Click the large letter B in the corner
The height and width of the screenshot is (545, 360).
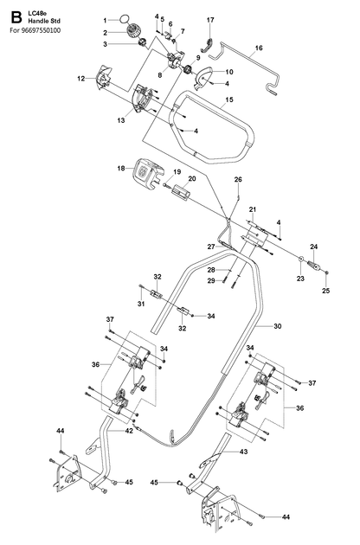[16, 17]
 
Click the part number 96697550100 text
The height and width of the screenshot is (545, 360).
[41, 30]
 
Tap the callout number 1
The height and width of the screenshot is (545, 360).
[105, 21]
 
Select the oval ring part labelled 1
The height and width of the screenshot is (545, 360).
[125, 18]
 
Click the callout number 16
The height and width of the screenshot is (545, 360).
[259, 48]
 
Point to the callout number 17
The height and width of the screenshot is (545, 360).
[210, 20]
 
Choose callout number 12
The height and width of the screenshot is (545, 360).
[81, 79]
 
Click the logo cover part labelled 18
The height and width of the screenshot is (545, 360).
[148, 173]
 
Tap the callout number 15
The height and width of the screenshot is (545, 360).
[229, 99]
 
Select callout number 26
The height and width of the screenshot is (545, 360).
[238, 180]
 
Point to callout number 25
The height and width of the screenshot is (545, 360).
[325, 291]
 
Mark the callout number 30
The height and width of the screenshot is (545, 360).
[278, 326]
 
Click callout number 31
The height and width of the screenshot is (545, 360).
[141, 304]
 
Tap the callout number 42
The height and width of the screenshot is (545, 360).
[129, 431]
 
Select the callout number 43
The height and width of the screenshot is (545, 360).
[243, 452]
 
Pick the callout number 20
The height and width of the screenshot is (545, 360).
[192, 179]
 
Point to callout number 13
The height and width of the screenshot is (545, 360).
[121, 120]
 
